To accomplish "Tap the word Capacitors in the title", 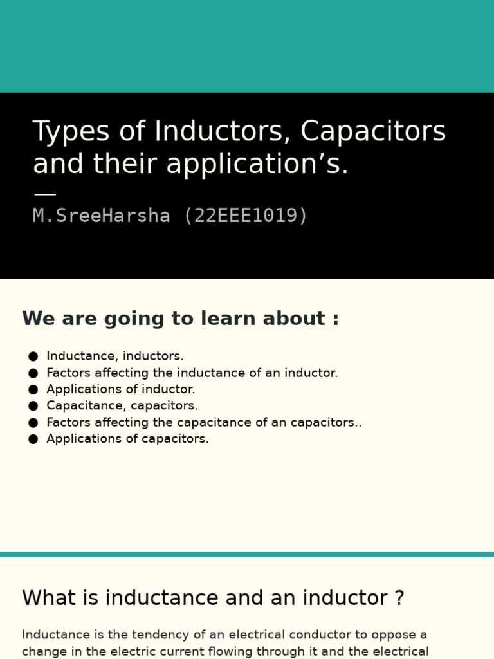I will point(373,132).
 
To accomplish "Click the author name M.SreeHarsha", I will point(102,216).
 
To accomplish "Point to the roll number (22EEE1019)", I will point(246,216).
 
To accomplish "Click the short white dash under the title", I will point(44,194).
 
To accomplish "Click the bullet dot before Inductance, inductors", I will point(33,356).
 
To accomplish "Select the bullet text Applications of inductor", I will point(121,389).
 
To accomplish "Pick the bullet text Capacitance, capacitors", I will point(122,406).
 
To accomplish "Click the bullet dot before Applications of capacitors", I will point(33,439).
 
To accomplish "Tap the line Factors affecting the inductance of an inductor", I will point(192,373).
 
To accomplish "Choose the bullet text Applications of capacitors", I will point(127,439).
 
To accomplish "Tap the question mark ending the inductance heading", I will point(399,598).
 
